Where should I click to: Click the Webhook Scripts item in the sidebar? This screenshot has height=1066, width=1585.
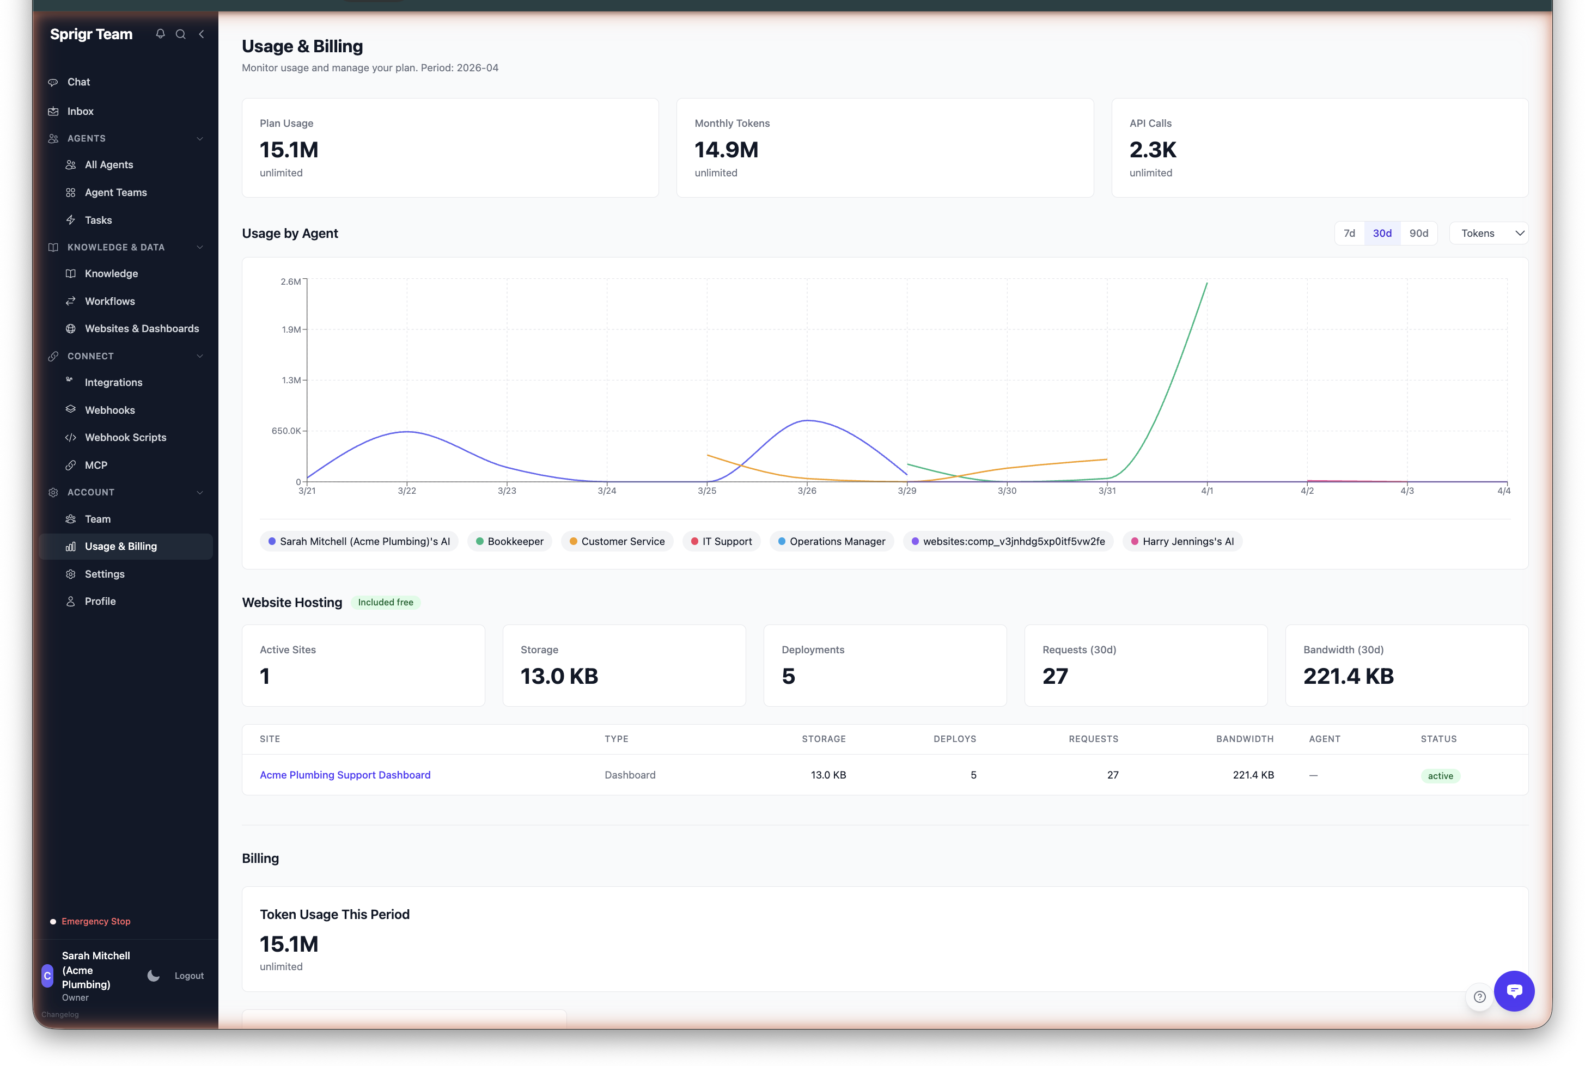click(x=125, y=437)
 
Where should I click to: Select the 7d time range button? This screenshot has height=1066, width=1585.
click(x=1349, y=233)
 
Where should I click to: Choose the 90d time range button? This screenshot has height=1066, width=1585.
click(x=1418, y=233)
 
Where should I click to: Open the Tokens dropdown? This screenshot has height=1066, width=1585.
click(x=1489, y=233)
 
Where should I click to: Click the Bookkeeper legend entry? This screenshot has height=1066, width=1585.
click(x=509, y=541)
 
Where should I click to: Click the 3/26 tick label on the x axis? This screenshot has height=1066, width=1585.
click(x=807, y=491)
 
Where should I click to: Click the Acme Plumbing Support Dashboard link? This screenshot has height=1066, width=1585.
click(x=345, y=775)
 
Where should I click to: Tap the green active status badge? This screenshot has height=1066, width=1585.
click(x=1440, y=776)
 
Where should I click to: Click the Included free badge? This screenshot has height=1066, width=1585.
click(x=386, y=602)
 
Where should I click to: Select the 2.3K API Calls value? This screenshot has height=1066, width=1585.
click(x=1153, y=150)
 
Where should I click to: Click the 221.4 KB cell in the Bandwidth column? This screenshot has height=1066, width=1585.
click(x=1253, y=775)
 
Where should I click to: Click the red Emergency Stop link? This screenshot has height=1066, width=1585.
click(x=96, y=921)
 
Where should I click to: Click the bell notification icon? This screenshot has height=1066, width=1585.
click(x=161, y=34)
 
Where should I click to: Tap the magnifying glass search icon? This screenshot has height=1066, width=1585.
click(x=181, y=34)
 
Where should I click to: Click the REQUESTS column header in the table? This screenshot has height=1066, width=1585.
click(x=1093, y=739)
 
